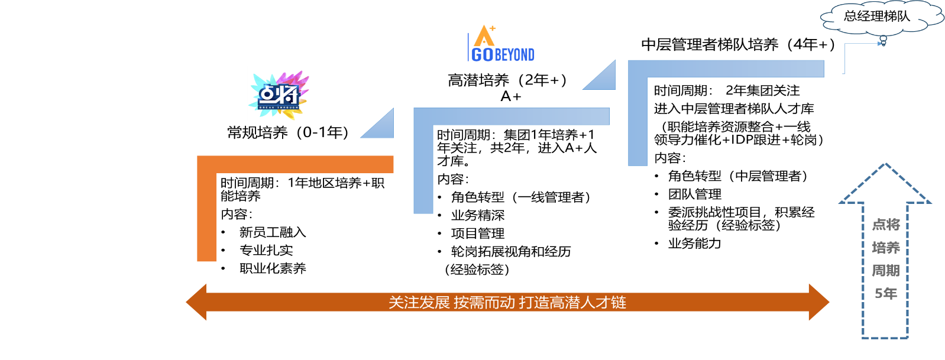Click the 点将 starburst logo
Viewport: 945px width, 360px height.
pos(280,93)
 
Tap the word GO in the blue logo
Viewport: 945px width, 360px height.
pos(482,55)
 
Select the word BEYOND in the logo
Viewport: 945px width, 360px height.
pos(514,55)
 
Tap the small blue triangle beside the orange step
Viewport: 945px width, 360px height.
pos(382,128)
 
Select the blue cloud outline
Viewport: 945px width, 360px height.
pos(881,17)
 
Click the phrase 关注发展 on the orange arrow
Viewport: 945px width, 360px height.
pos(419,303)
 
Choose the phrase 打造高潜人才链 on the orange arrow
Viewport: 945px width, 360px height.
pos(572,303)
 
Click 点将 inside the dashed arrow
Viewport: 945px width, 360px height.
pos(886,225)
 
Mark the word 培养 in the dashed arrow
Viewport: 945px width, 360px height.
pos(886,248)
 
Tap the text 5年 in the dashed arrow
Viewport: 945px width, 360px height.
pos(886,293)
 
